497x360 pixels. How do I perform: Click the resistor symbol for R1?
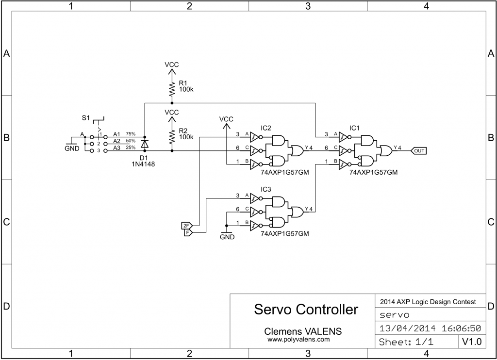pyautogui.click(x=171, y=89)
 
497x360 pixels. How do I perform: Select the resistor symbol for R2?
pyautogui.click(x=171, y=136)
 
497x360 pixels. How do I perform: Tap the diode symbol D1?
pyautogui.click(x=144, y=144)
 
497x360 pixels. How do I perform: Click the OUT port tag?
pyautogui.click(x=419, y=151)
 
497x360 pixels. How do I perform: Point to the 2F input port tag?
pyautogui.click(x=186, y=226)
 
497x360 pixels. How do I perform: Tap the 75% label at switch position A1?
pyautogui.click(x=131, y=133)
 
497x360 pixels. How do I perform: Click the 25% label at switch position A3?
pyautogui.click(x=131, y=147)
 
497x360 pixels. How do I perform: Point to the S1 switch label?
pyautogui.click(x=85, y=118)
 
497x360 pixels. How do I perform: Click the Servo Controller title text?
pyautogui.click(x=306, y=310)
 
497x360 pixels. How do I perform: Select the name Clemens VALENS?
pyautogui.click(x=302, y=331)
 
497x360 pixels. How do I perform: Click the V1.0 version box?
pyautogui.click(x=471, y=342)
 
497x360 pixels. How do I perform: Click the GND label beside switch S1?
pyautogui.click(x=71, y=149)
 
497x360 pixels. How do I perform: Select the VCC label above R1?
pyautogui.click(x=171, y=65)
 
